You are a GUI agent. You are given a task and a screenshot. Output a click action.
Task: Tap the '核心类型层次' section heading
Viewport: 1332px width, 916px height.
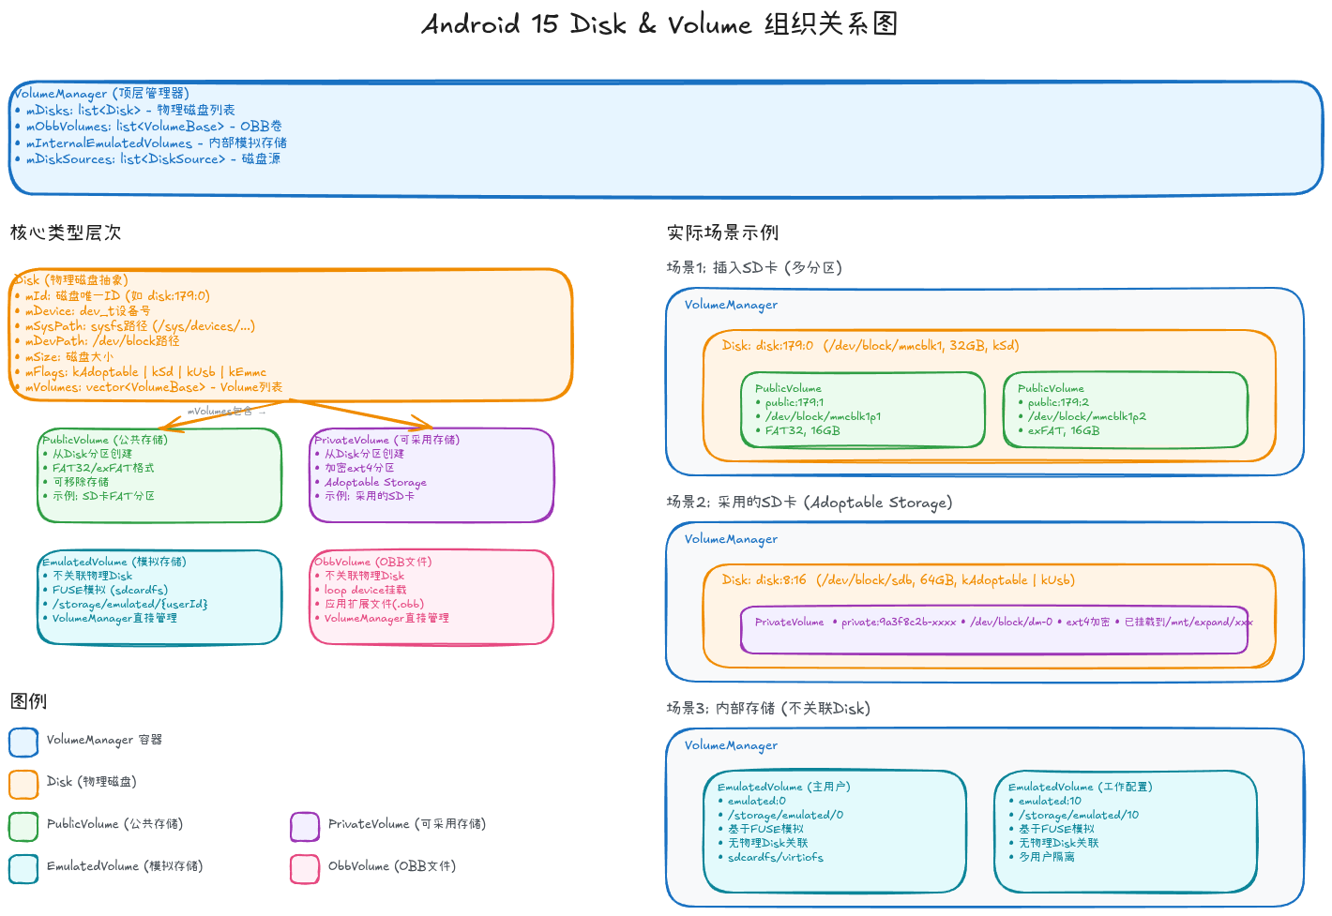click(66, 233)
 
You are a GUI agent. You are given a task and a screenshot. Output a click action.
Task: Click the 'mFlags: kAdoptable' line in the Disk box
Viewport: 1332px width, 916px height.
click(145, 372)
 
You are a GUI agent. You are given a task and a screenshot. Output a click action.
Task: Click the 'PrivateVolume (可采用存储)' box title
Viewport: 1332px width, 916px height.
click(386, 440)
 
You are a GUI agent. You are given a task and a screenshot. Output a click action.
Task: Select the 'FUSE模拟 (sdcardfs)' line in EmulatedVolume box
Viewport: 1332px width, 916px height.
click(110, 591)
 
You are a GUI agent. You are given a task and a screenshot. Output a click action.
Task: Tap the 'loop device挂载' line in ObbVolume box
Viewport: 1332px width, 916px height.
click(365, 591)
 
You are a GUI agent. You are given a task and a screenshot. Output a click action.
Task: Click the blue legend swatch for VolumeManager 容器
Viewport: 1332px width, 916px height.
click(23, 742)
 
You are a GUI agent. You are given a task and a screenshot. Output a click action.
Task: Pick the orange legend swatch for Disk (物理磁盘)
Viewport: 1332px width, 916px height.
click(23, 784)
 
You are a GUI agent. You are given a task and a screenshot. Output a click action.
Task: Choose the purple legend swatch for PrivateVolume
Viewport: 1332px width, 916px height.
click(305, 826)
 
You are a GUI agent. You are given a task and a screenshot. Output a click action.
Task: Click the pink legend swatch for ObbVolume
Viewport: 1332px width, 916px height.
click(305, 868)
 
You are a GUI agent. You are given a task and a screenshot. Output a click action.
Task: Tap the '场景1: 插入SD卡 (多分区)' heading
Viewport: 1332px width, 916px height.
click(754, 268)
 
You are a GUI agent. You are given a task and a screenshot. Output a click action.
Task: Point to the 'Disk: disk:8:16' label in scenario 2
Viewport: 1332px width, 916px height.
click(764, 580)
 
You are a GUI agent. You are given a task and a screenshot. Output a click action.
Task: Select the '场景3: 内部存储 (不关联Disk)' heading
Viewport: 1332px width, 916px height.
click(768, 709)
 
